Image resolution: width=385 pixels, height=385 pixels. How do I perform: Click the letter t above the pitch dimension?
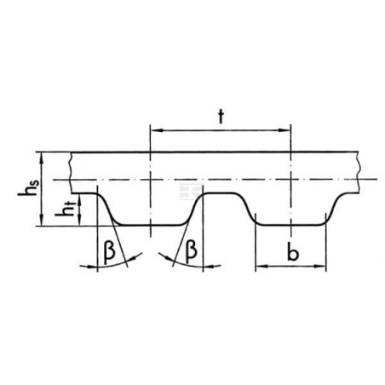point(221,117)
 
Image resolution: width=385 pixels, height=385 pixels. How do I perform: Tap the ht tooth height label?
point(66,209)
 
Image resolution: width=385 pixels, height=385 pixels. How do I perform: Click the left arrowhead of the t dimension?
point(156,130)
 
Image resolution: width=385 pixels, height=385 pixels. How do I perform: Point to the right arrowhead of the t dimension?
point(284,130)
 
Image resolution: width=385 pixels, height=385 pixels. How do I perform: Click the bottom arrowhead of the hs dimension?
point(42,220)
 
